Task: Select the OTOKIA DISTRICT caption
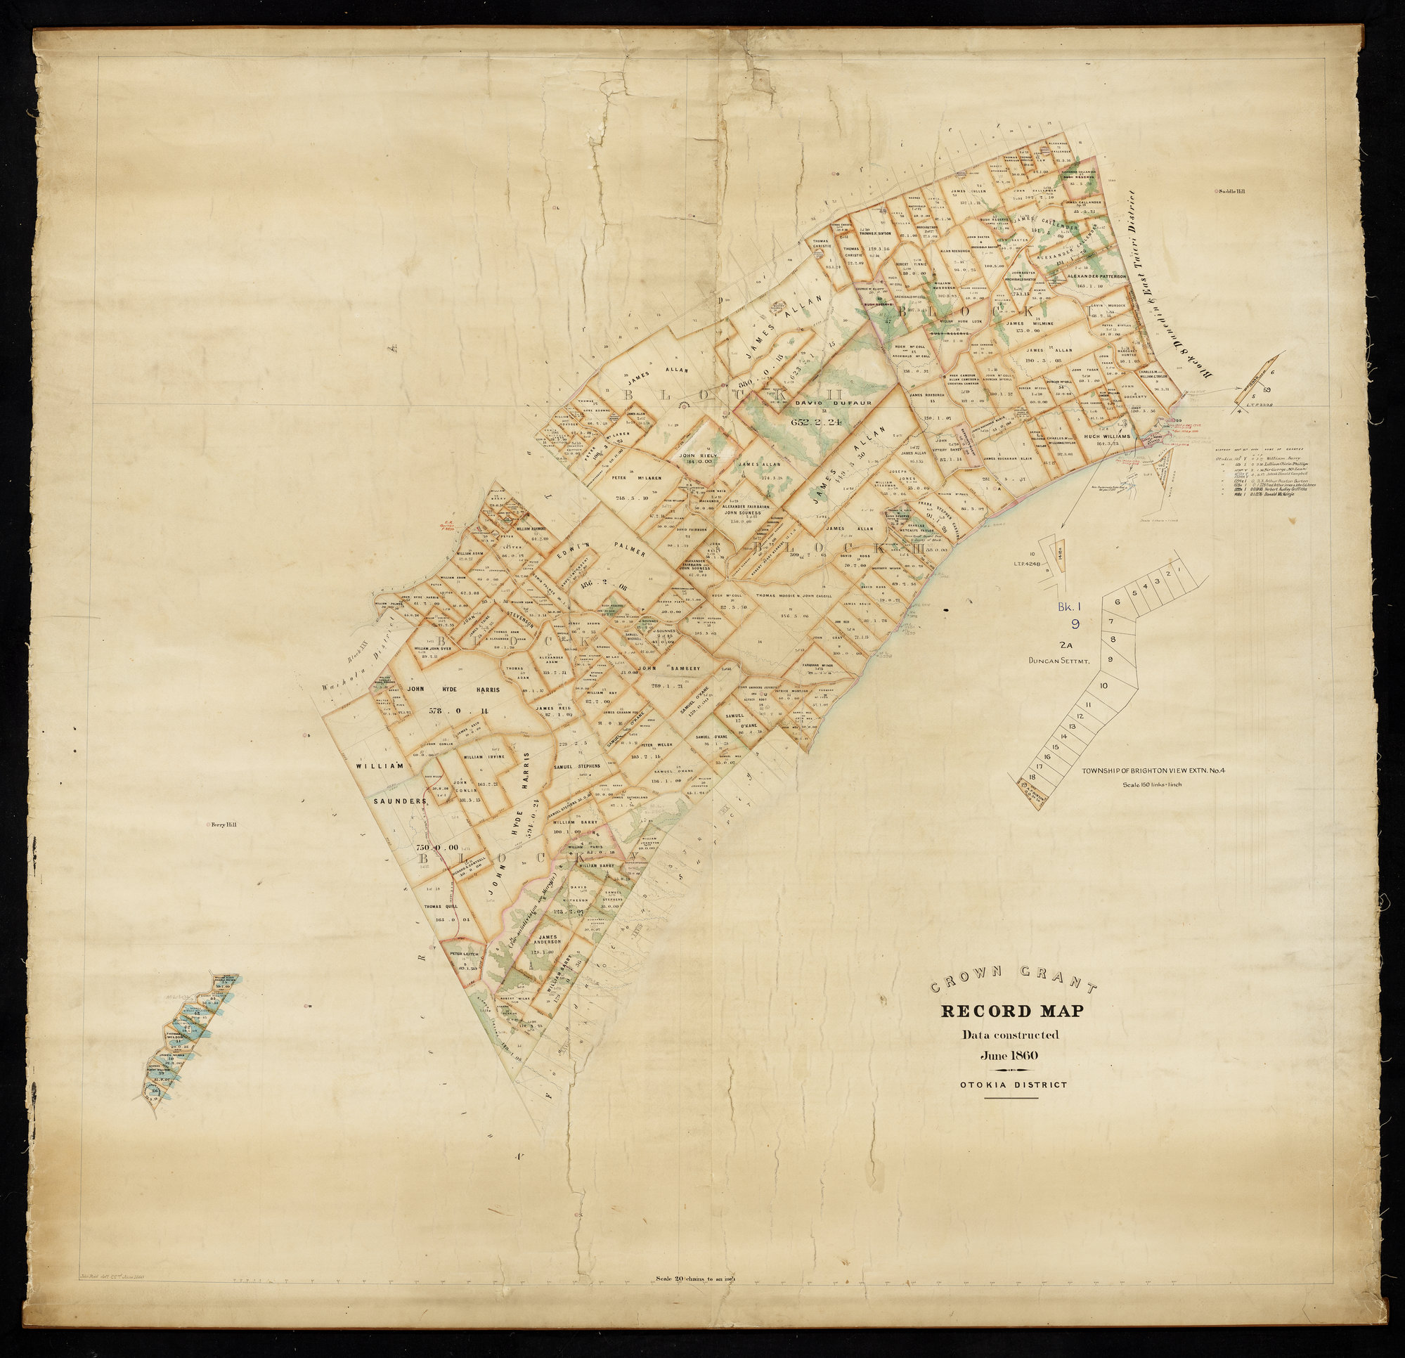[1014, 1083]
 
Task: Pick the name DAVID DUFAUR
[822, 403]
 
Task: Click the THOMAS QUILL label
[442, 907]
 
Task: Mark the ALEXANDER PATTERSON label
[1096, 276]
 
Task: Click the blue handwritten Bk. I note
[1069, 607]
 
